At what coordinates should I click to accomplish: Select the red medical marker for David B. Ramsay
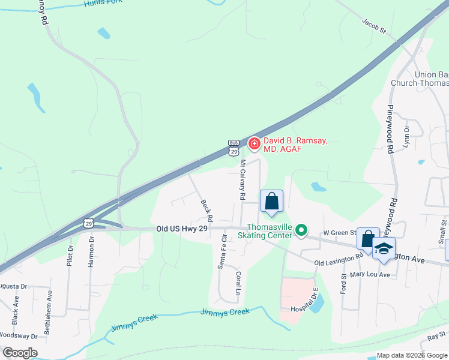click(254, 143)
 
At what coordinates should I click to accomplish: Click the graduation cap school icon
click(384, 248)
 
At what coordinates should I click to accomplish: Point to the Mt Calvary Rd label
click(243, 179)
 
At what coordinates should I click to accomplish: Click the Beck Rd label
click(206, 209)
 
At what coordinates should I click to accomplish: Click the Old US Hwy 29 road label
click(182, 229)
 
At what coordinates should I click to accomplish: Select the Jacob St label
click(373, 25)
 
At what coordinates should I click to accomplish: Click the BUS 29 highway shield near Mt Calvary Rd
click(234, 147)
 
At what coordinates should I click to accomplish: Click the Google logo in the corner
click(20, 353)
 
